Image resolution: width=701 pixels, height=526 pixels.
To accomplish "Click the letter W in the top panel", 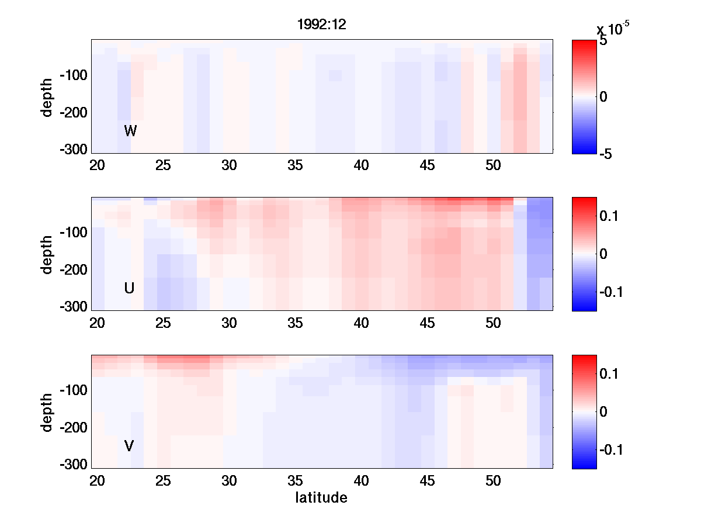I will coord(130,131).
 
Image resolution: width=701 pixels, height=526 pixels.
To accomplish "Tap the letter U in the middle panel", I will coord(129,288).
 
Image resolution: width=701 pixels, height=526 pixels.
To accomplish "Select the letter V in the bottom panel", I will coord(129,446).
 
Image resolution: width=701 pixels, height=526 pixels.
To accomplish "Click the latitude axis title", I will coord(321,498).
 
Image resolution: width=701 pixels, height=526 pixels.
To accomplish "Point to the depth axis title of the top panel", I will coord(47,97).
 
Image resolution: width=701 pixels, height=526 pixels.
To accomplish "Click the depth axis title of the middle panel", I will coord(47,254).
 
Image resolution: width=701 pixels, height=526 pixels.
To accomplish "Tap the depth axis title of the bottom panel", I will coord(47,412).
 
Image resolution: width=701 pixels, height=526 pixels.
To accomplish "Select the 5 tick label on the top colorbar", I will coord(603,41).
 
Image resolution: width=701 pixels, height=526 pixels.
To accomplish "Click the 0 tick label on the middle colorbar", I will coord(603,254).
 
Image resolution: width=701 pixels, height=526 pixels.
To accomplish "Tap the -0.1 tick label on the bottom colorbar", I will coord(611,449).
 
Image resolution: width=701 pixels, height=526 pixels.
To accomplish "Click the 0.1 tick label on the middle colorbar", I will coord(609,217).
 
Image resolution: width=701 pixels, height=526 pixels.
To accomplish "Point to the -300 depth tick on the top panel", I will coord(73,150).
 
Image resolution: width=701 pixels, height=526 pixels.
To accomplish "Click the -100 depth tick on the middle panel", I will coord(73,233).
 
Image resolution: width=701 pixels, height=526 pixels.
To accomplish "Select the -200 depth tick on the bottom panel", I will coord(73,428).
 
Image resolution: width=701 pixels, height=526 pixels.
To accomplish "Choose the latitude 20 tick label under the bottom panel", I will coord(97,481).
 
